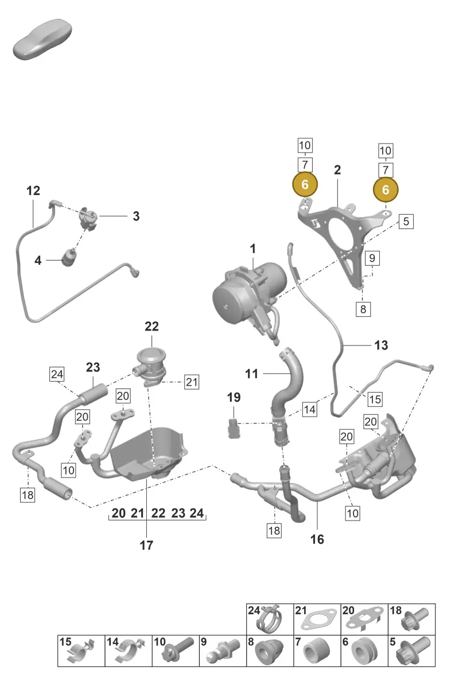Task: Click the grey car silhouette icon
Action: (42, 39)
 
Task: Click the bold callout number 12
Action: (33, 191)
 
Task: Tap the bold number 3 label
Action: (136, 216)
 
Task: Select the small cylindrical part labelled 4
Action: (69, 257)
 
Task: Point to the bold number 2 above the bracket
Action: (337, 170)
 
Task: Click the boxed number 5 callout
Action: (406, 222)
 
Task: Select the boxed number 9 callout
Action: (372, 258)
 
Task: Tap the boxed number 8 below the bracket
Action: (363, 309)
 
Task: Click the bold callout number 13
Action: (381, 345)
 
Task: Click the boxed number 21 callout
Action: (192, 382)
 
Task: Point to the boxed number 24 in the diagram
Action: (57, 374)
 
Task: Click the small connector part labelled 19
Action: (234, 428)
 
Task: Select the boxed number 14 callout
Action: (309, 410)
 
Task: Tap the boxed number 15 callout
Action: (375, 399)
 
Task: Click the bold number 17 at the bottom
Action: (146, 545)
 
